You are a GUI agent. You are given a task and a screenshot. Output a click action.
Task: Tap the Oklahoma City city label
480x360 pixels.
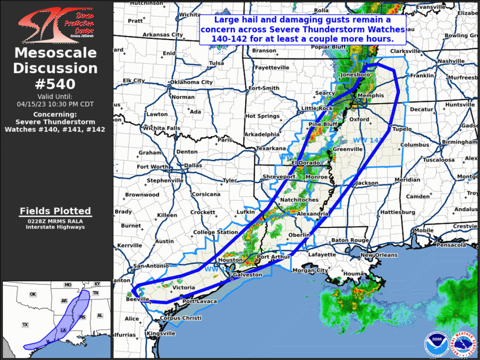coord(191,82)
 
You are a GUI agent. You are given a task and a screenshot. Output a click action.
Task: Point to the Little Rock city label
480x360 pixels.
coord(318,108)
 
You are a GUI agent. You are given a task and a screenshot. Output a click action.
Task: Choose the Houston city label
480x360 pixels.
coord(230,260)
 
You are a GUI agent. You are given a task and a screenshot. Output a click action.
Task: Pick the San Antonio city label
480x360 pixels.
coord(151,266)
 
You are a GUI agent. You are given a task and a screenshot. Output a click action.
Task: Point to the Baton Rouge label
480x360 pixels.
coord(349,240)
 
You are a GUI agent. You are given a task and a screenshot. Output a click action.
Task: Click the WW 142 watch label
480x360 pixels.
coord(368,140)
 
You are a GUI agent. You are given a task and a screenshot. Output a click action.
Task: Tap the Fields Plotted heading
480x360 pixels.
coord(55,211)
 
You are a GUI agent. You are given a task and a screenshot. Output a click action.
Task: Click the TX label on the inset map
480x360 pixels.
coord(25,325)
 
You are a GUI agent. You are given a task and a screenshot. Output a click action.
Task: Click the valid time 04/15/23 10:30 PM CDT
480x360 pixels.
coord(55,103)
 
